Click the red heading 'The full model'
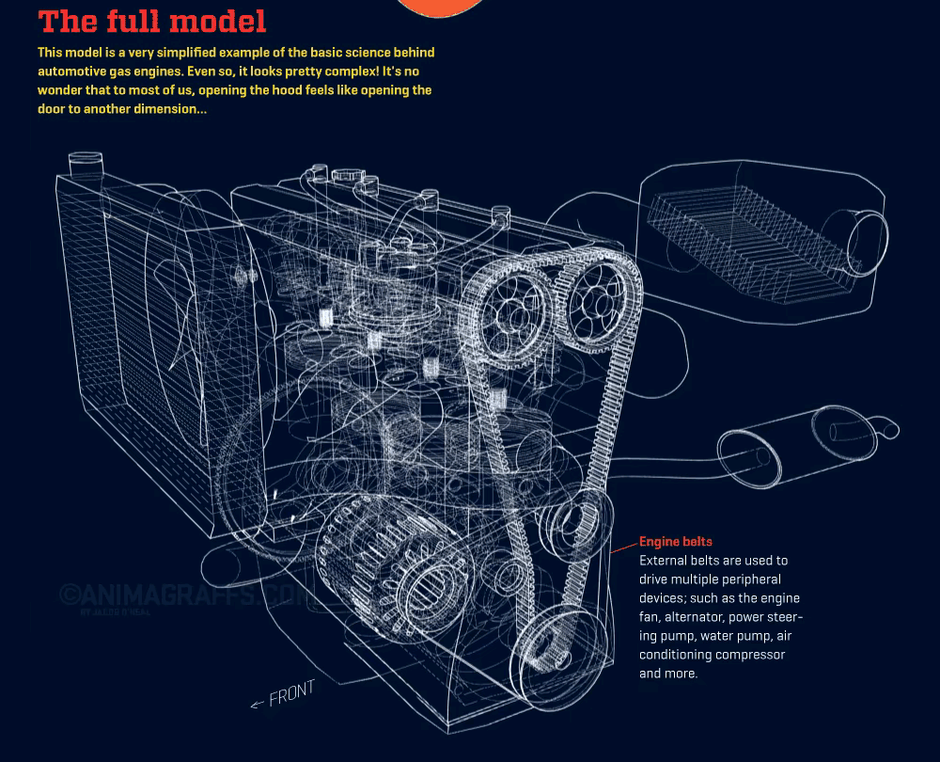(151, 21)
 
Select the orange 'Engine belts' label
(675, 542)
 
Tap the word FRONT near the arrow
(291, 693)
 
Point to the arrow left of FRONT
(258, 703)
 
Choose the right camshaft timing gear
(595, 302)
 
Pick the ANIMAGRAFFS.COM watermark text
(183, 595)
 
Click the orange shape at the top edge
(441, 6)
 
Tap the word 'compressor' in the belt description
(749, 655)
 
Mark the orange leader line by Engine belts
(623, 546)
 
